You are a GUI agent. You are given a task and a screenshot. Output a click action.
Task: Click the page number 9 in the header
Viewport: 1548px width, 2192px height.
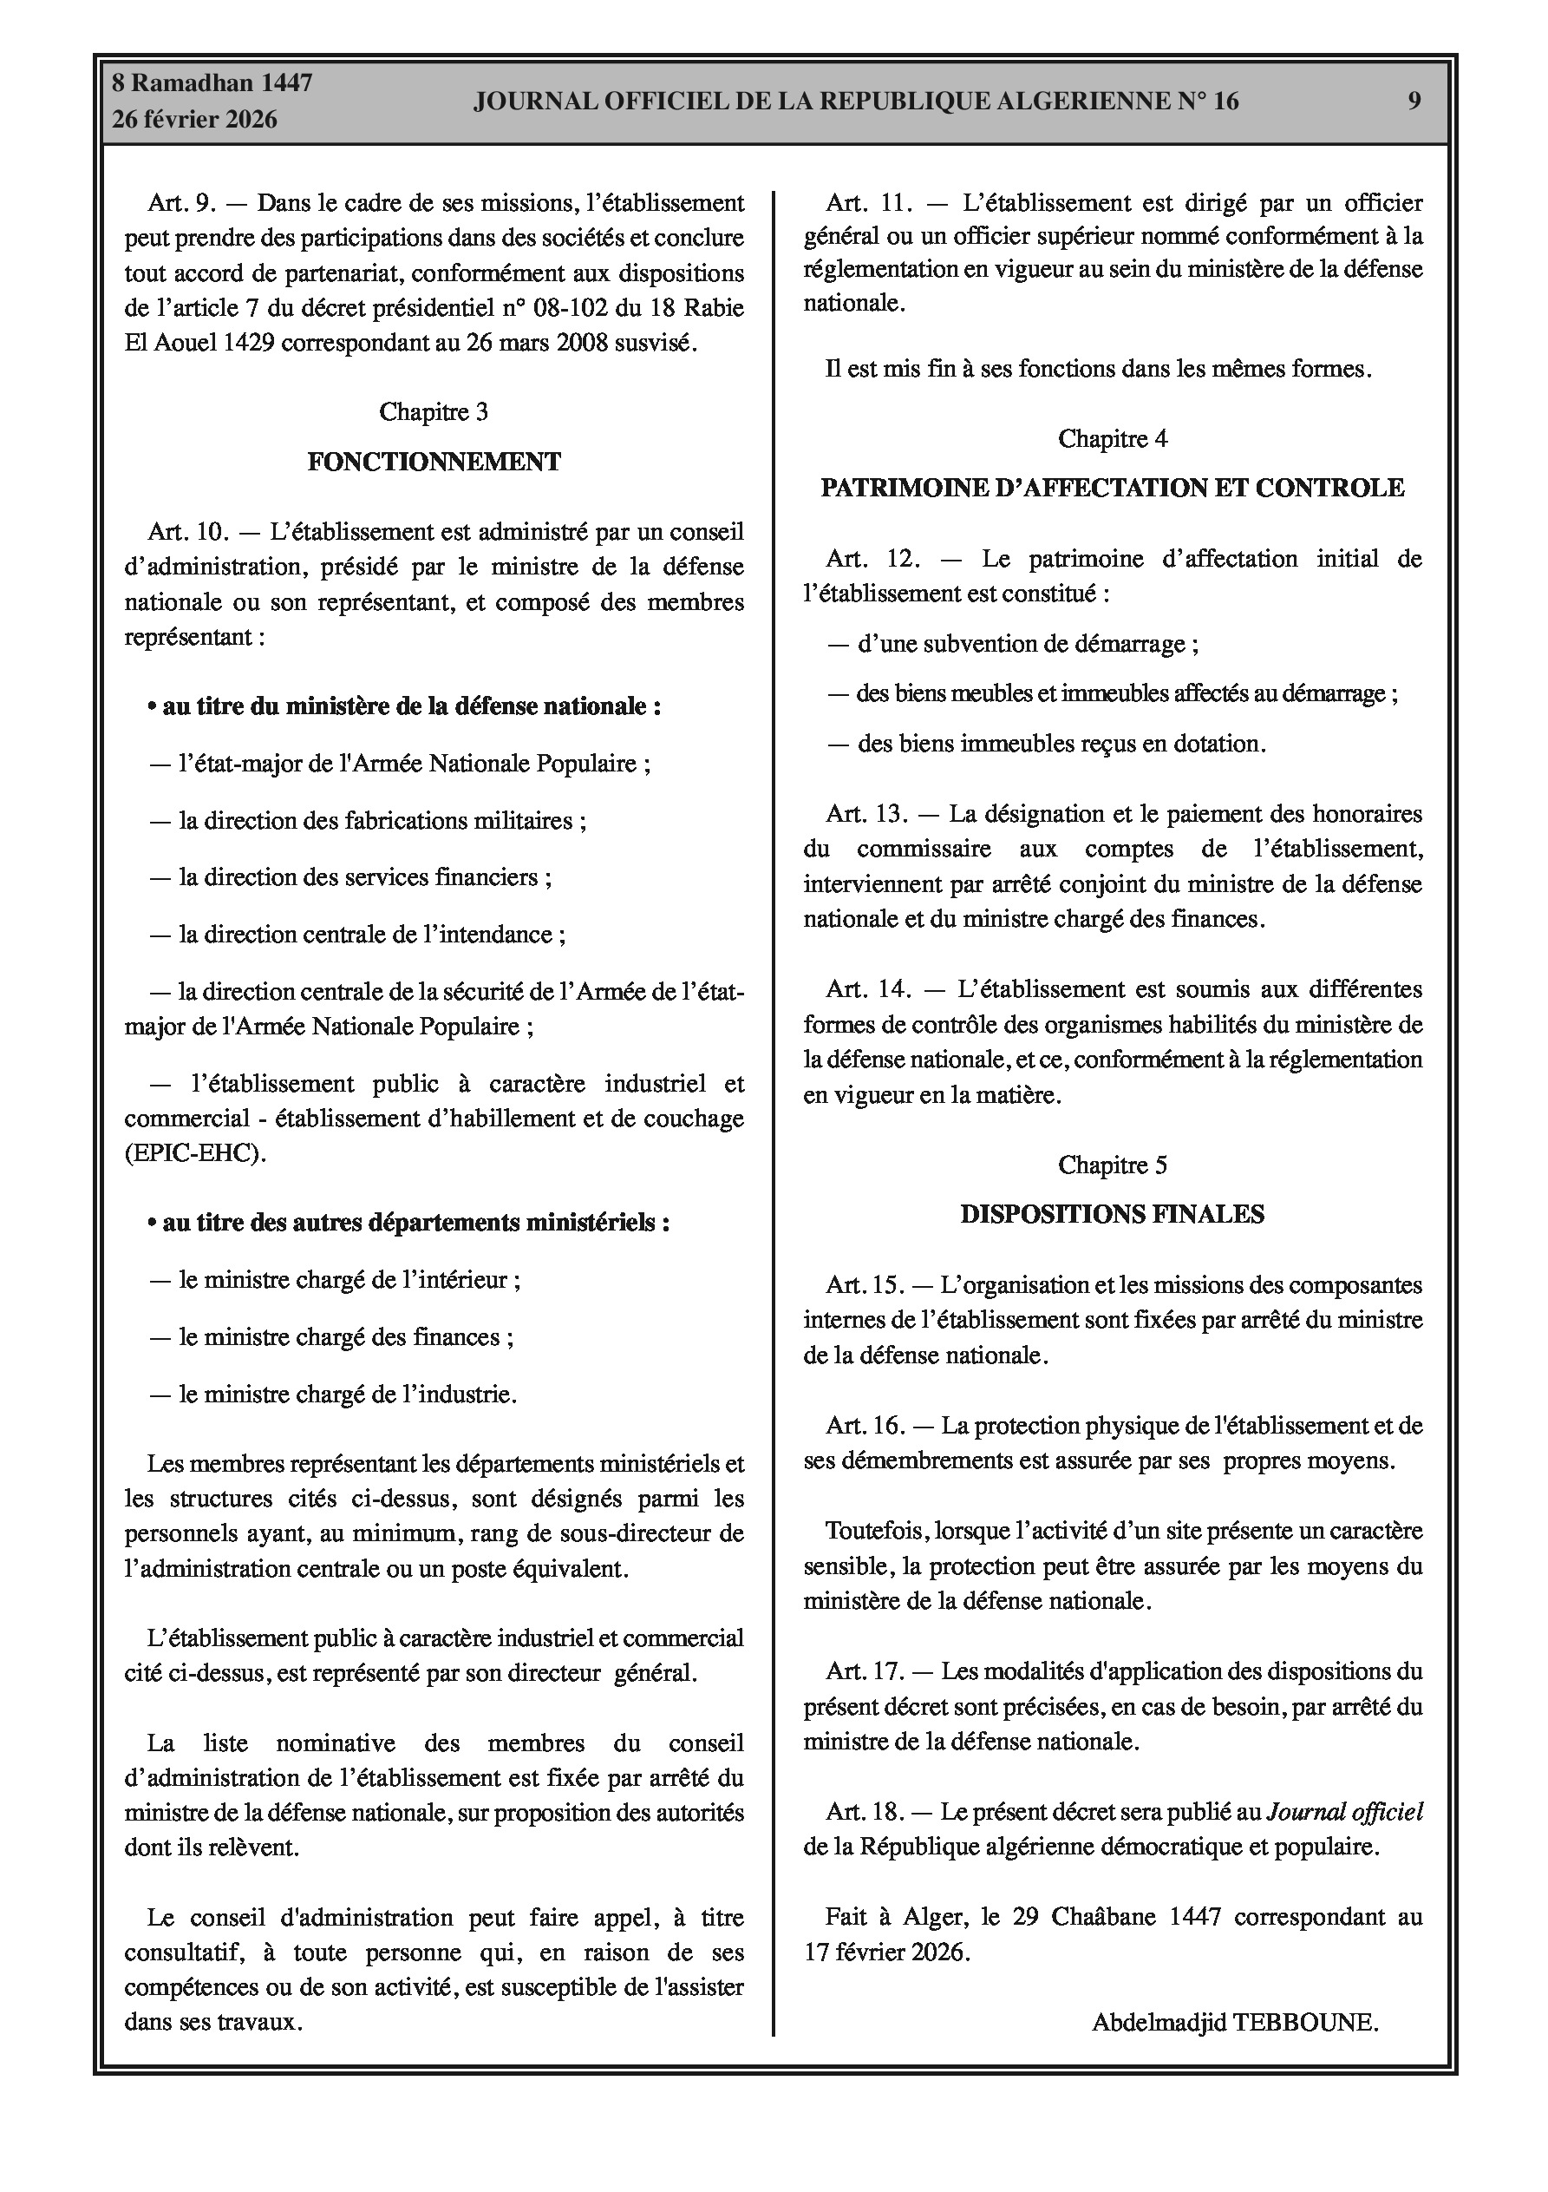point(1414,102)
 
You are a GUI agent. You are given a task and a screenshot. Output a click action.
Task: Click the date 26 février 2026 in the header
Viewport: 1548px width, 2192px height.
point(195,120)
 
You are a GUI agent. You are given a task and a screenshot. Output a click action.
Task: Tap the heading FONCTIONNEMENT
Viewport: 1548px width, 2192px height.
point(434,462)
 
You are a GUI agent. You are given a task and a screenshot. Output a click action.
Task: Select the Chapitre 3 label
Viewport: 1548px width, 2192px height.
point(434,411)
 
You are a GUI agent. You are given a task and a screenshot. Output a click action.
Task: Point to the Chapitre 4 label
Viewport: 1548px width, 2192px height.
point(1112,438)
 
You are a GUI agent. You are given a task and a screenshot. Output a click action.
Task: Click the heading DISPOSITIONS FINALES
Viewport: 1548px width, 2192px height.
point(1112,1214)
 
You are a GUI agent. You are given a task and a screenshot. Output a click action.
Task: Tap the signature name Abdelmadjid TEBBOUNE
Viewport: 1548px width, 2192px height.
point(1235,2022)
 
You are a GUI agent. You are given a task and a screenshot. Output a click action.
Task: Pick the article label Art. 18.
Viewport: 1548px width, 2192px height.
point(865,1811)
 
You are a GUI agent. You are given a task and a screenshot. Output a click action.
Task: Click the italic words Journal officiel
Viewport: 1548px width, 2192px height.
point(1343,1811)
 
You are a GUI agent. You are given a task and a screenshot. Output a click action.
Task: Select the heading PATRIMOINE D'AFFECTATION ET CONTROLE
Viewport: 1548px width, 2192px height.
point(1112,488)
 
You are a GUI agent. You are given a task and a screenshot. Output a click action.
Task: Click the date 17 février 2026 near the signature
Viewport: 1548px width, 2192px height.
point(886,1952)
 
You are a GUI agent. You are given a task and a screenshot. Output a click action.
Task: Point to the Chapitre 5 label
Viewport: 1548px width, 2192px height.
point(1112,1165)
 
